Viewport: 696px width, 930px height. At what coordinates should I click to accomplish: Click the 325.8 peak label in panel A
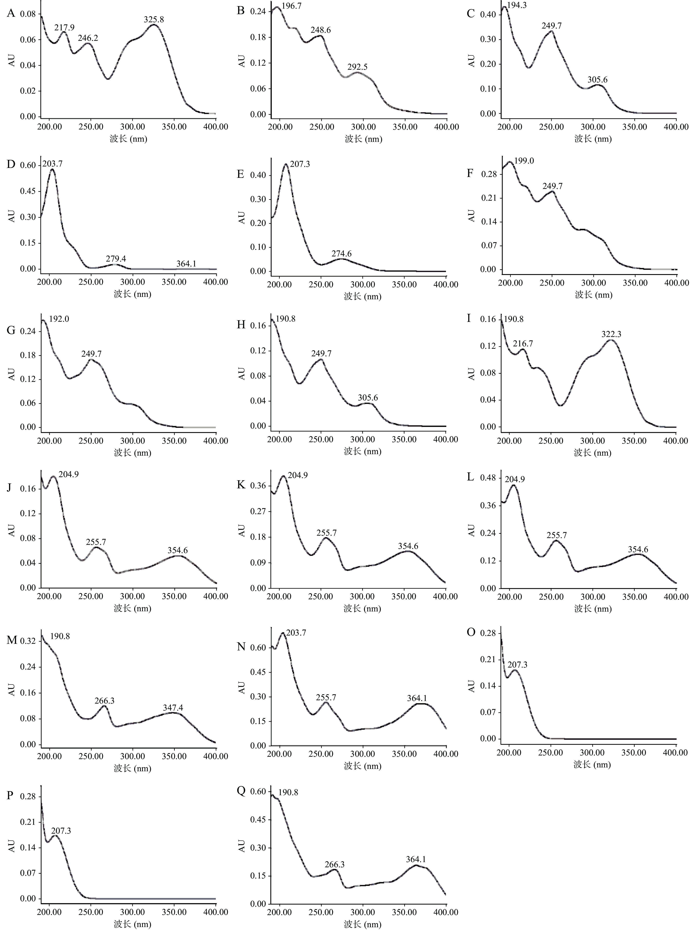coord(154,19)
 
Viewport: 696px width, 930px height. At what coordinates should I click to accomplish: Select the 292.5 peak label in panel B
coord(357,67)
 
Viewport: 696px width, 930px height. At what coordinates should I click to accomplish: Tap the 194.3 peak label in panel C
coord(517,6)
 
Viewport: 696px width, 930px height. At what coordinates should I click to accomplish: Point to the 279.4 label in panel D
coord(116,259)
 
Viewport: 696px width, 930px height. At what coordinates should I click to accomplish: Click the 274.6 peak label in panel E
coord(341,253)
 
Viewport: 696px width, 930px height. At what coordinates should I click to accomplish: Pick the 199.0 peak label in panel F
coord(524,161)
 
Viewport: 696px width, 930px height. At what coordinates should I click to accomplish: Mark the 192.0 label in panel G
coord(59,319)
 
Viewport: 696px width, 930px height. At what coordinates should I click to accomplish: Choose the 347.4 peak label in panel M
coord(173,708)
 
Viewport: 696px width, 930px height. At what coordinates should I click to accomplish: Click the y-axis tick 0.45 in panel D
coord(28,191)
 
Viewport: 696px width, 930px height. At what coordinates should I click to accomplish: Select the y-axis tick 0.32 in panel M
coord(28,641)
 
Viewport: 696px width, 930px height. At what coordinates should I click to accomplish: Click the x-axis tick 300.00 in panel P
coord(133,912)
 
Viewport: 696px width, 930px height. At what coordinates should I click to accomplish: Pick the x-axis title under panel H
coord(362,452)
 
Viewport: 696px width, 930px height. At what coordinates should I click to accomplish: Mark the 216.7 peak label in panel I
coord(523,343)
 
